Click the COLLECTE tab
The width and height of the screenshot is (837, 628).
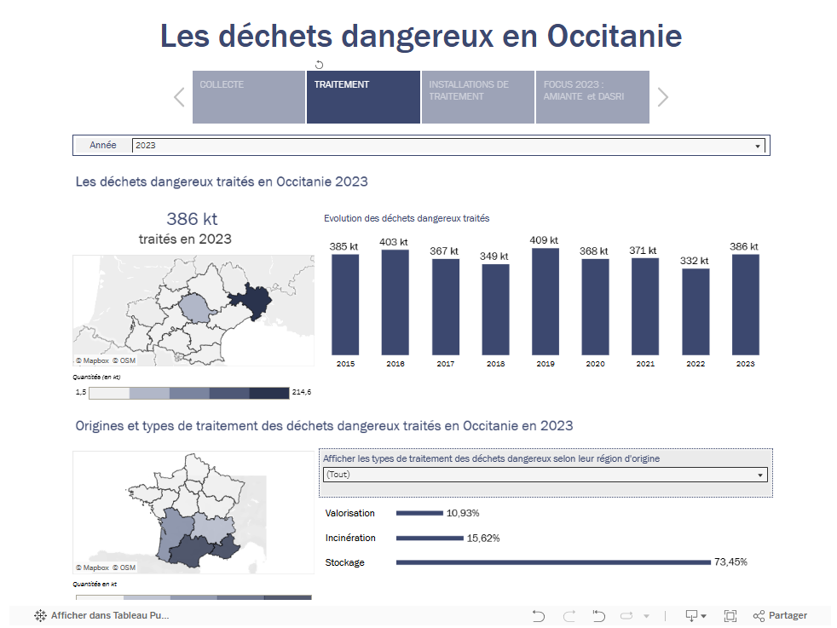pos(248,96)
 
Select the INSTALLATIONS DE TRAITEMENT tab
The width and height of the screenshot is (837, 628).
pos(477,96)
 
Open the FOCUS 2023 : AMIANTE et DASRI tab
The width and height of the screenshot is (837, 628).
pos(592,96)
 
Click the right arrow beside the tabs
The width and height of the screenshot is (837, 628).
pos(663,97)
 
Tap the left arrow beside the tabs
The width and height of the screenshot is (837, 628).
pos(179,97)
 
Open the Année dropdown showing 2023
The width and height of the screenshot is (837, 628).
pos(447,146)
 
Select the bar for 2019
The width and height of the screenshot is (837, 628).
pos(545,302)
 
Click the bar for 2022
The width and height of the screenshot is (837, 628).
pos(695,312)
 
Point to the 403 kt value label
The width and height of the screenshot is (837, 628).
pos(394,242)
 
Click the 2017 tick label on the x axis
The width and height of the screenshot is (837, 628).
pos(445,364)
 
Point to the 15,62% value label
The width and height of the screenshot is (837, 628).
pos(483,539)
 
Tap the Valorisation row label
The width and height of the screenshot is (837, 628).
pos(349,514)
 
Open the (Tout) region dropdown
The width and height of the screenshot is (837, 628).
pos(545,475)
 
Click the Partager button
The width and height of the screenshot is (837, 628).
pos(780,616)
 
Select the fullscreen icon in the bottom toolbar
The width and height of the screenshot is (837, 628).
pos(730,616)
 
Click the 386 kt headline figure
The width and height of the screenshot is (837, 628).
pos(192,219)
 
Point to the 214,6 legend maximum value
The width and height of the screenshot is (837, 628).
pos(302,393)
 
